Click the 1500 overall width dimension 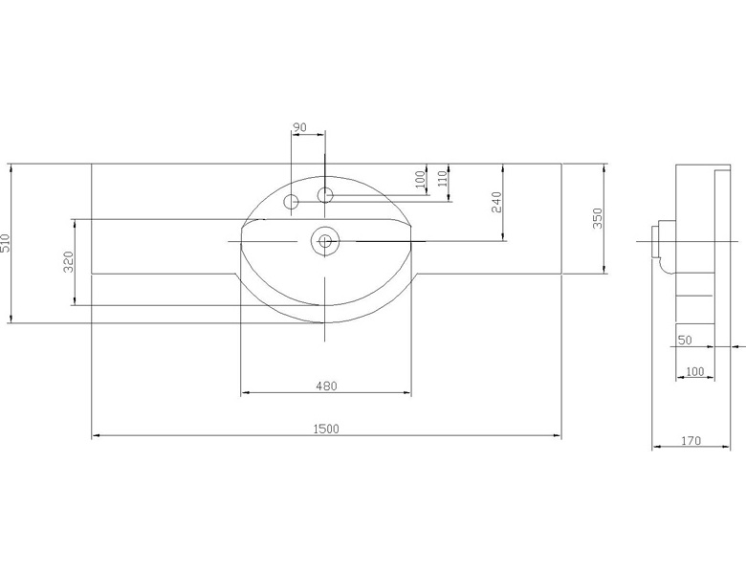click(x=326, y=429)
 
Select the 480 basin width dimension click(x=326, y=386)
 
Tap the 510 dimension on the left click(x=4, y=243)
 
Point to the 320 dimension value click(x=69, y=262)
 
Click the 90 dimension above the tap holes click(x=299, y=127)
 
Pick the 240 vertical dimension click(x=496, y=202)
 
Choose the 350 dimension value click(x=597, y=218)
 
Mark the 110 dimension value click(x=443, y=178)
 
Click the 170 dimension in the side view click(x=691, y=441)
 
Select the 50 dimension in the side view click(x=685, y=341)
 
